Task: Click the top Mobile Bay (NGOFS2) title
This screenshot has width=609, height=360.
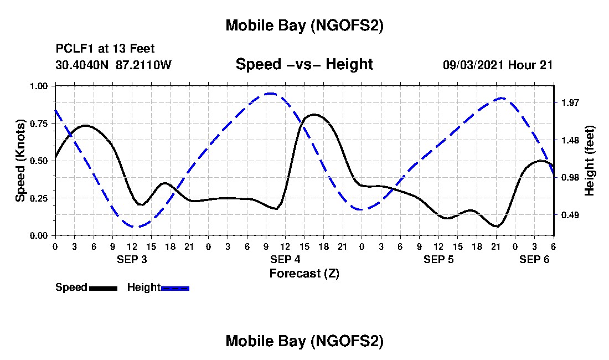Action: (304, 25)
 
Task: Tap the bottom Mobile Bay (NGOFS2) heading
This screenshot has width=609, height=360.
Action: (304, 341)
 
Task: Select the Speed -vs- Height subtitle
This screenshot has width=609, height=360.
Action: (304, 64)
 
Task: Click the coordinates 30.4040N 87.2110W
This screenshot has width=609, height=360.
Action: (113, 65)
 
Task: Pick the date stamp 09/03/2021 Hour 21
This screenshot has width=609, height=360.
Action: (498, 65)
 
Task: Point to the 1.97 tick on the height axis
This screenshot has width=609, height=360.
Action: (570, 102)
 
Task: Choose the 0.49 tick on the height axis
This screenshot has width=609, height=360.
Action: (570, 215)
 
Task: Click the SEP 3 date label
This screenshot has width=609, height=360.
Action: (132, 259)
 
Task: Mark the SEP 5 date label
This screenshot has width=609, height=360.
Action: (438, 259)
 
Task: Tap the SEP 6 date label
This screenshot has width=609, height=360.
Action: (534, 259)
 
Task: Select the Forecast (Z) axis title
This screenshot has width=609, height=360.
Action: (304, 273)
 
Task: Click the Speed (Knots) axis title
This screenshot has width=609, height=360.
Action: (20, 161)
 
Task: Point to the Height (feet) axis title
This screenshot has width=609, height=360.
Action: (589, 161)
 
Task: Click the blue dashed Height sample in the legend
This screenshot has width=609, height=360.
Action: (175, 288)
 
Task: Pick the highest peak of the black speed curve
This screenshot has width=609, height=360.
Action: (314, 115)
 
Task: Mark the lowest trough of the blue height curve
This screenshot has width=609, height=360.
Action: (133, 227)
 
